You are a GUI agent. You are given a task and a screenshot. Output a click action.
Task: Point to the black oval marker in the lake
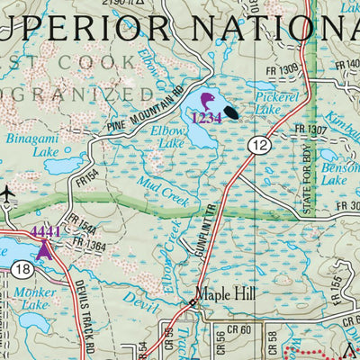pos(232,113)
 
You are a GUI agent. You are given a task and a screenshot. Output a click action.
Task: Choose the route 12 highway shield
pos(260,144)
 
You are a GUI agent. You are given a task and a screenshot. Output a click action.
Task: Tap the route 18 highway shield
pos(22,268)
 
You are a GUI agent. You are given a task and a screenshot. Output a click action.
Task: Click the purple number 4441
pos(46,231)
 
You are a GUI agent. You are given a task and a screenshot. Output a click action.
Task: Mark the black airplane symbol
pos(8,192)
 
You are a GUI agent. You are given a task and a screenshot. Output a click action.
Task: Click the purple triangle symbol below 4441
pos(45,247)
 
